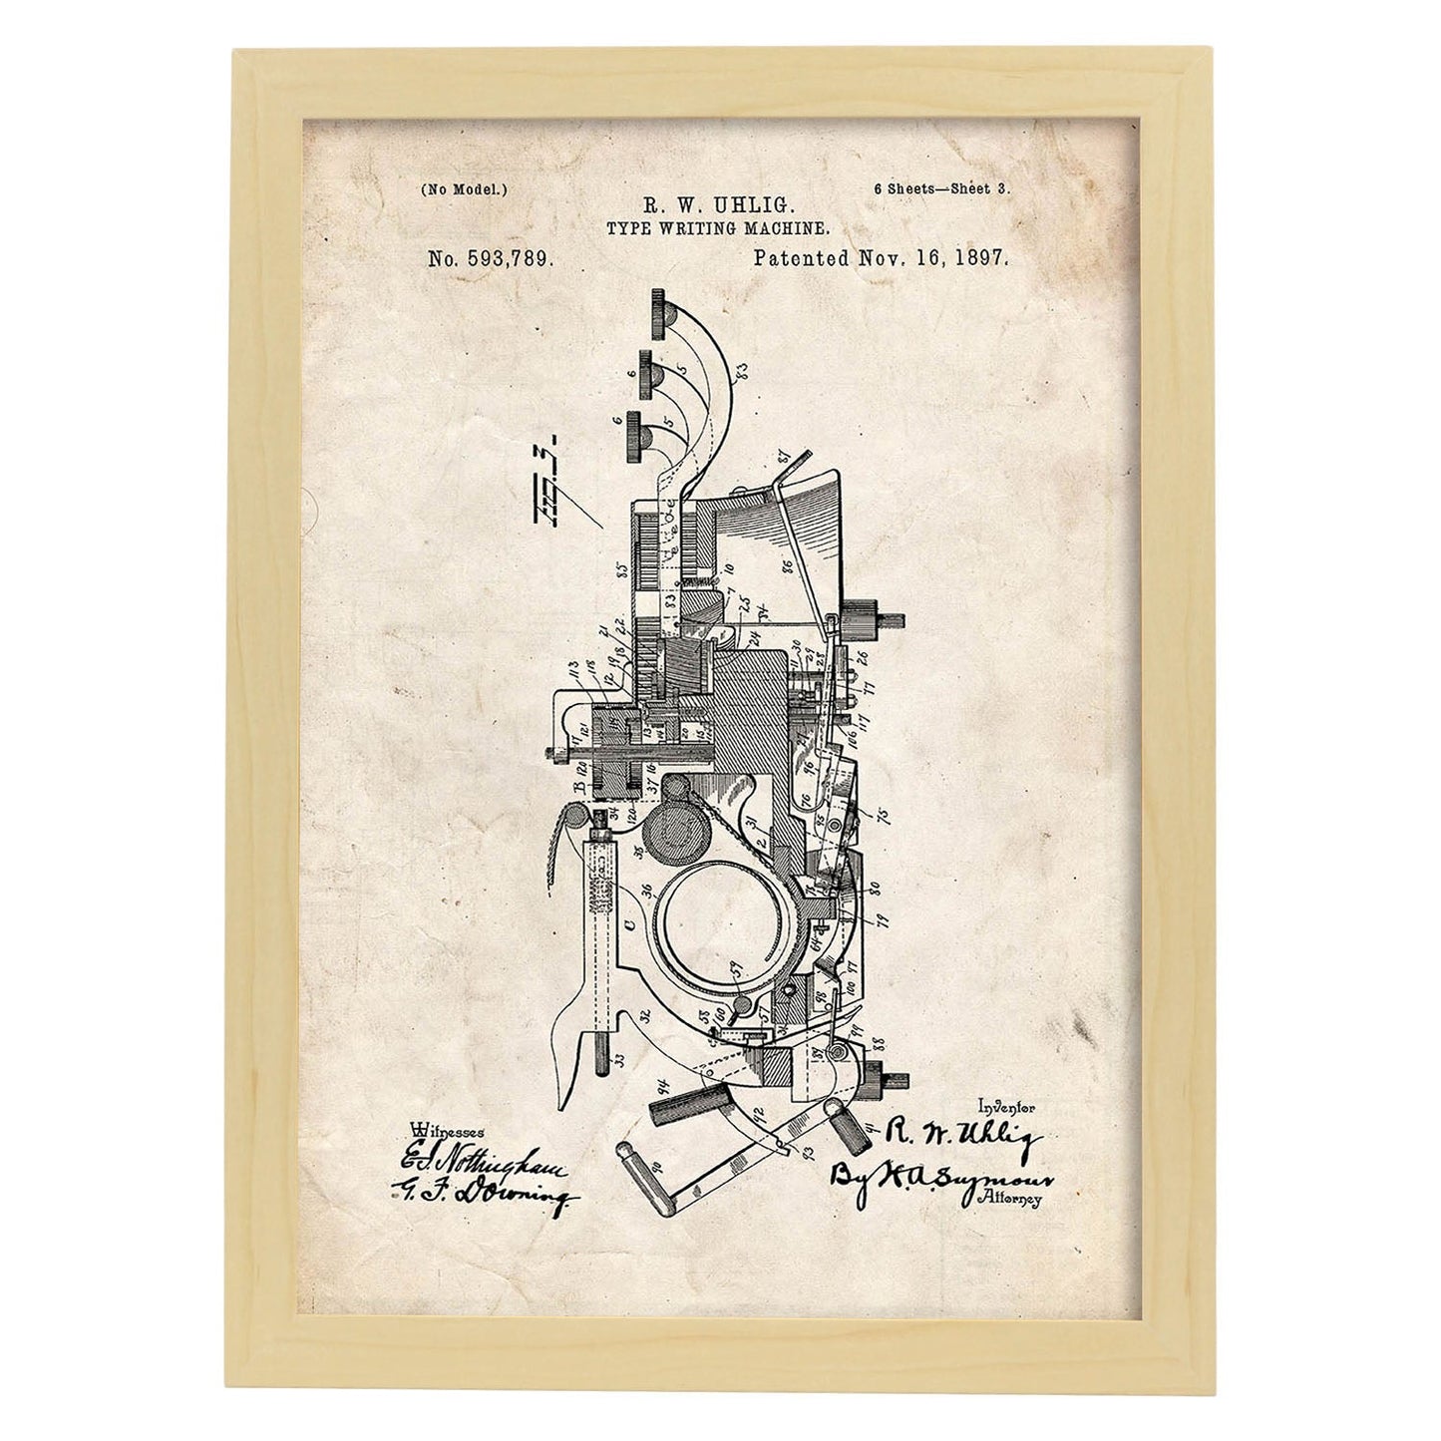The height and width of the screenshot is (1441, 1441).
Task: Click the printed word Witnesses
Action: (447, 1130)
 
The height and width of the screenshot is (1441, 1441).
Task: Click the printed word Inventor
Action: (1007, 1106)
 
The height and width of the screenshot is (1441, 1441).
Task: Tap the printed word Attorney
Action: (1013, 1201)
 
